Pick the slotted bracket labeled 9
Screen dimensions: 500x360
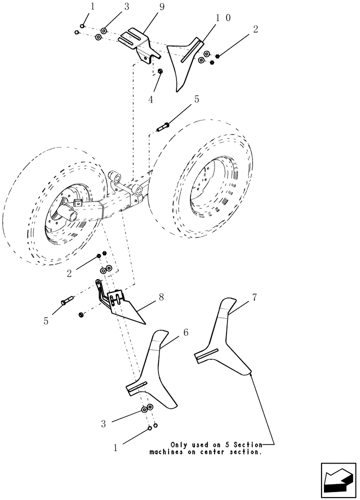(x=136, y=42)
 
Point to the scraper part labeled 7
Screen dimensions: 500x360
(x=222, y=340)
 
